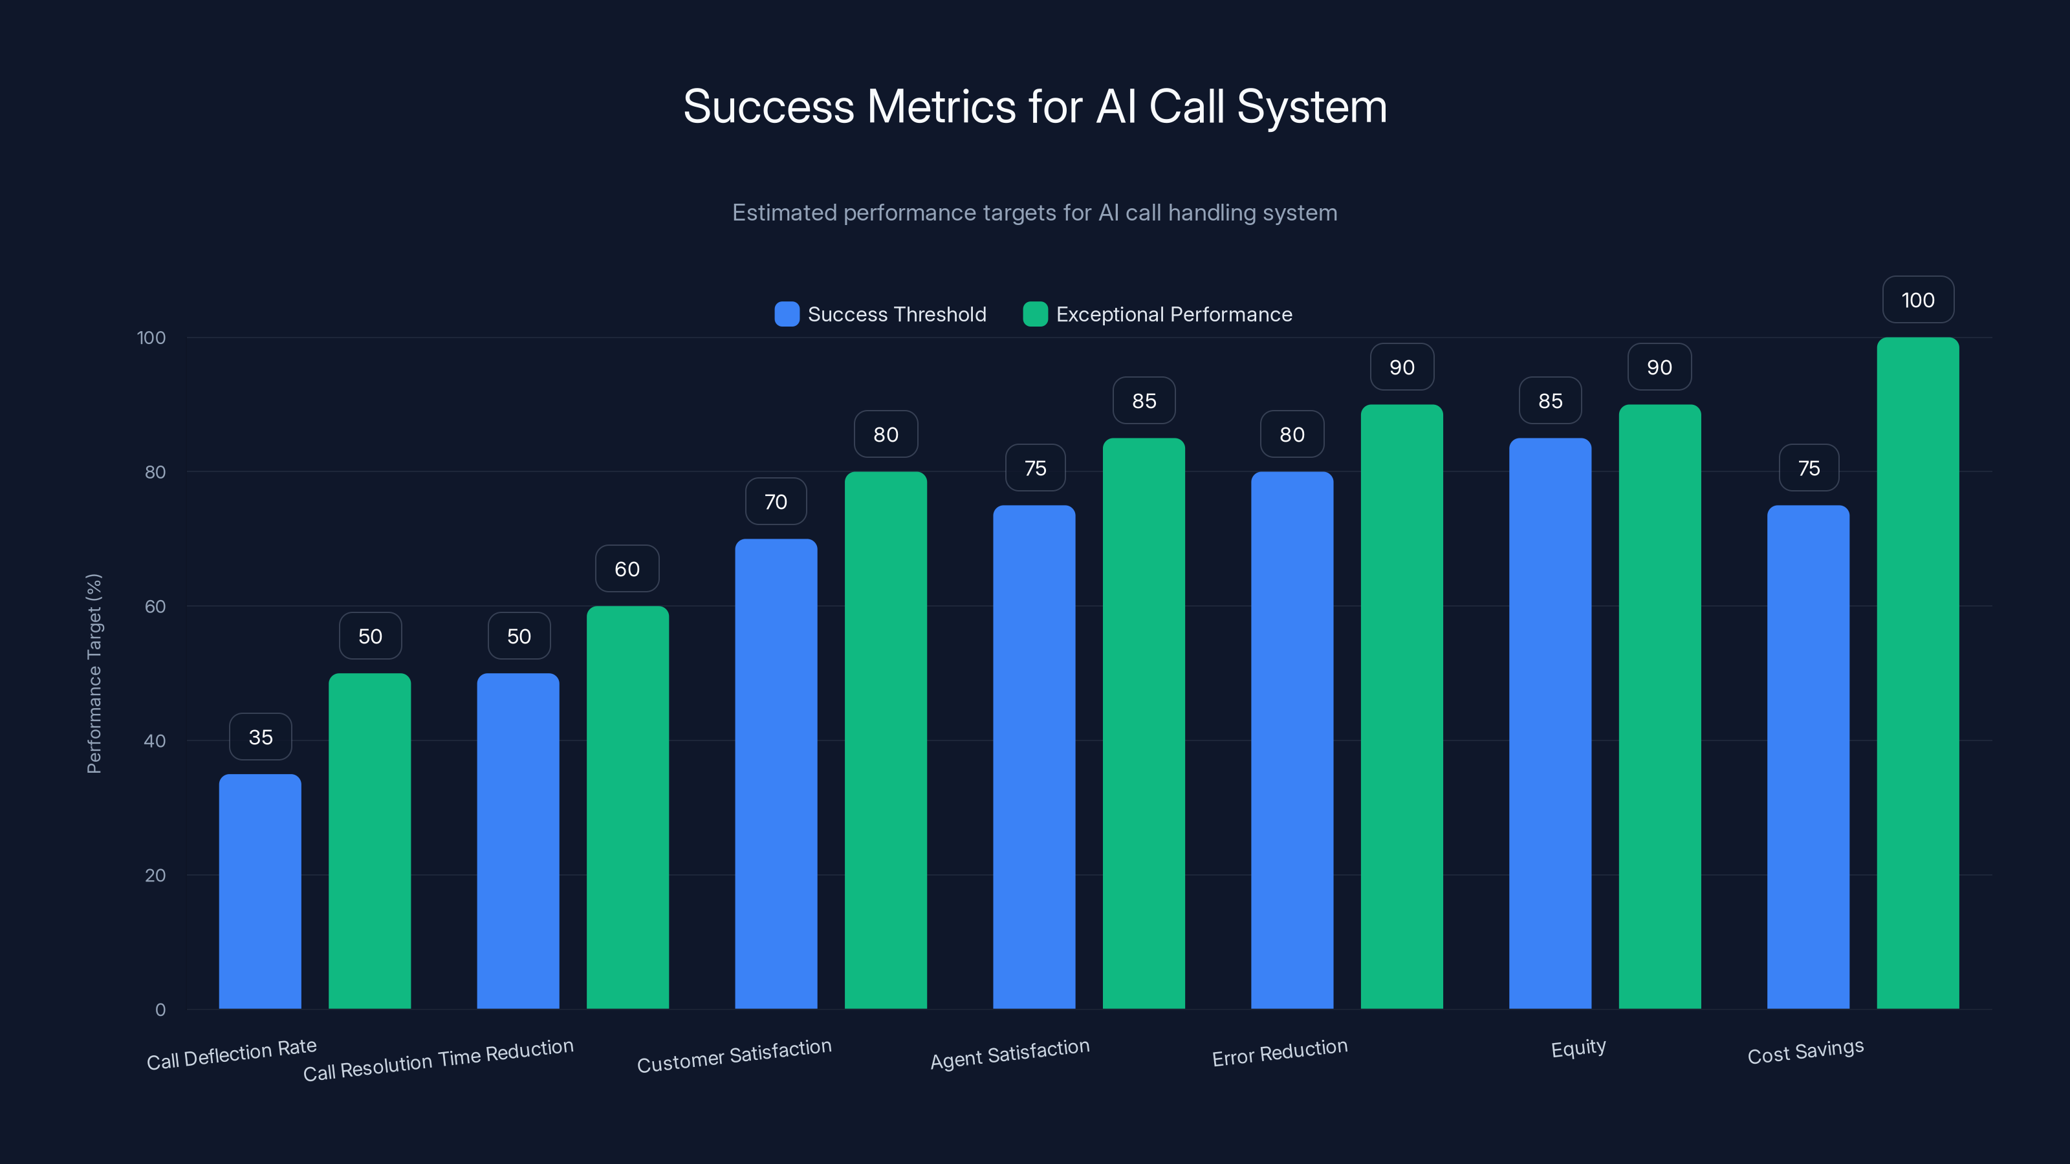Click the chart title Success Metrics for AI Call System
coord(1034,107)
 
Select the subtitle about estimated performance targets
coord(1034,213)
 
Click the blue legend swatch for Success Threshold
coord(786,314)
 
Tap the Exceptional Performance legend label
coord(1173,314)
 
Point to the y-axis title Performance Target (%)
coord(94,673)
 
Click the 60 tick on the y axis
coord(155,607)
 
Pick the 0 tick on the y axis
coord(160,1009)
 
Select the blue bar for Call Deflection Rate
coord(259,892)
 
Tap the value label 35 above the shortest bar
coord(260,737)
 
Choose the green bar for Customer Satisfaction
coord(886,740)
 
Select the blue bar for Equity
coord(1549,723)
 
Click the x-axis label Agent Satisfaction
coord(1009,1053)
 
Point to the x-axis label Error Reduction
coord(1280,1052)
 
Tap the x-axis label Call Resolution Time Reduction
coord(438,1060)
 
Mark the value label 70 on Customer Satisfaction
coord(776,501)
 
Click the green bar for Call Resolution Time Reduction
coord(627,807)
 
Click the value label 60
coord(627,569)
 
